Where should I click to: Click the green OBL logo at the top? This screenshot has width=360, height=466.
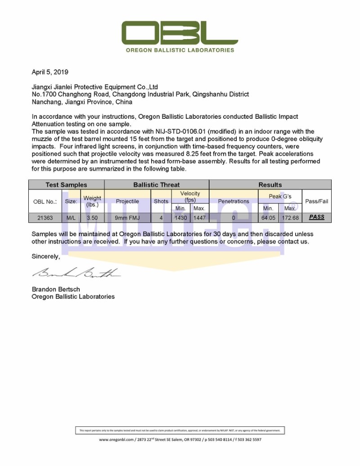tap(180, 33)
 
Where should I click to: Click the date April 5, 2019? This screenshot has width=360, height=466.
tap(50, 72)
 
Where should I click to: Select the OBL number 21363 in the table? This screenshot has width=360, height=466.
tap(45, 218)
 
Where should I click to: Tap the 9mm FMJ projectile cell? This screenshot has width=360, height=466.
tap(127, 218)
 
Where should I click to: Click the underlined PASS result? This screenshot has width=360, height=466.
tap(317, 217)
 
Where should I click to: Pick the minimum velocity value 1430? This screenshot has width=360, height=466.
tap(180, 218)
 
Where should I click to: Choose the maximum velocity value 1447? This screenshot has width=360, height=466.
tap(199, 218)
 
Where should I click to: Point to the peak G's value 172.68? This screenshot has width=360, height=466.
tap(290, 218)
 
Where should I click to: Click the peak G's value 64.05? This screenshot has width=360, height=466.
tap(268, 218)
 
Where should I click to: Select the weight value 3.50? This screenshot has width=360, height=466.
tap(92, 218)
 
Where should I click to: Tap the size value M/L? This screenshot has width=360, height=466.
tap(71, 218)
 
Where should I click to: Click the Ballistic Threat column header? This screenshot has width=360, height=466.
tap(157, 185)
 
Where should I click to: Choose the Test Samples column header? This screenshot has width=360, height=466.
tap(66, 185)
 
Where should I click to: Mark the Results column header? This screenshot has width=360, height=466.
tap(270, 185)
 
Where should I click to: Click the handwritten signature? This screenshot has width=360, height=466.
tap(76, 273)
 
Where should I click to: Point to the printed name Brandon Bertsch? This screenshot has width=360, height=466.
tap(56, 289)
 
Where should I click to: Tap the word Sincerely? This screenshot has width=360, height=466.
tap(45, 256)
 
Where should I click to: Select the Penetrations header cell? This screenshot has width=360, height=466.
tap(233, 201)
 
